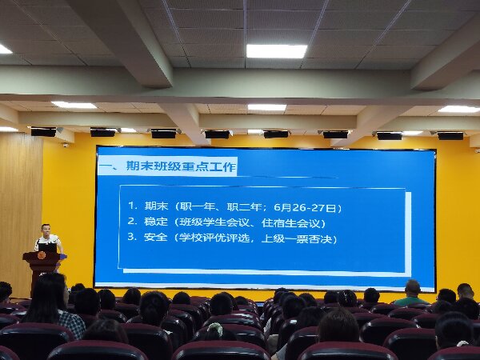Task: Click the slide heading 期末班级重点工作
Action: [x=181, y=166]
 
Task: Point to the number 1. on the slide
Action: [x=132, y=206]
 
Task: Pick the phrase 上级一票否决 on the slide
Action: [x=297, y=238]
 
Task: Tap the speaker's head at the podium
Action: [x=46, y=230]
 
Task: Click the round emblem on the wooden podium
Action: [x=42, y=255]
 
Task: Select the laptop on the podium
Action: [x=47, y=248]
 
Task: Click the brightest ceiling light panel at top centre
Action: [x=277, y=51]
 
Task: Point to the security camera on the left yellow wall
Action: [x=66, y=145]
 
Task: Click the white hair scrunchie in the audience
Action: [x=215, y=328]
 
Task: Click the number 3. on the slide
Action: [x=132, y=237]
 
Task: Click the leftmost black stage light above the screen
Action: [x=43, y=132]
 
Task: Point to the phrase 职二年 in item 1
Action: [x=244, y=207]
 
